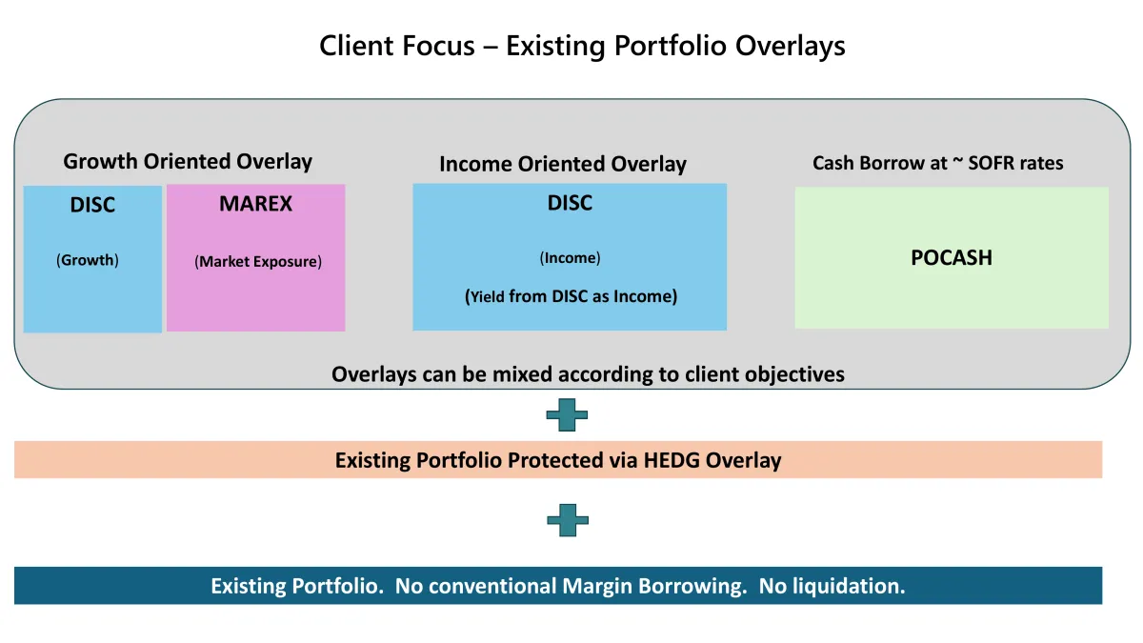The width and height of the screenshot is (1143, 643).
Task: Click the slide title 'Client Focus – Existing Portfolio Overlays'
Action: [582, 46]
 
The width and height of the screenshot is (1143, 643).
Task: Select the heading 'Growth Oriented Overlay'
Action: [188, 161]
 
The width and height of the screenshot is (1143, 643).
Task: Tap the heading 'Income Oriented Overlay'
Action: [563, 164]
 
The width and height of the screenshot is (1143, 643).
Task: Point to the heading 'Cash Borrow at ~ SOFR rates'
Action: [938, 163]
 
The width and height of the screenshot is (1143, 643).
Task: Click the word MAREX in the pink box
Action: [255, 204]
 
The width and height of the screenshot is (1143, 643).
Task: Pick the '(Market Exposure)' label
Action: [258, 262]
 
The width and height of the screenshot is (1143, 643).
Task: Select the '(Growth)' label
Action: [88, 260]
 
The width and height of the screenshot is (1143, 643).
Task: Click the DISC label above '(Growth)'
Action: [92, 205]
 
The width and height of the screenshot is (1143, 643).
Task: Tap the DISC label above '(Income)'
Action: [570, 203]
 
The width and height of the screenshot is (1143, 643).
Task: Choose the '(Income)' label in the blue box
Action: [570, 258]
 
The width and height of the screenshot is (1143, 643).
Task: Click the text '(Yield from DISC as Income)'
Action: [571, 296]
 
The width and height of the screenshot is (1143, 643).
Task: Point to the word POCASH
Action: [952, 258]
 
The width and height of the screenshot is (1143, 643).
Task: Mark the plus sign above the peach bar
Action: [567, 415]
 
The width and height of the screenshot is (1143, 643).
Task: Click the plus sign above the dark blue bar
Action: [568, 520]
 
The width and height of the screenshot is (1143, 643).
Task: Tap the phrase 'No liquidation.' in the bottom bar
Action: [832, 586]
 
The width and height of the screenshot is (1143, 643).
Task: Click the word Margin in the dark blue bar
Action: [597, 587]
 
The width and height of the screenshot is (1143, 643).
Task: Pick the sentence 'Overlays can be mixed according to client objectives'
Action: [588, 374]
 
